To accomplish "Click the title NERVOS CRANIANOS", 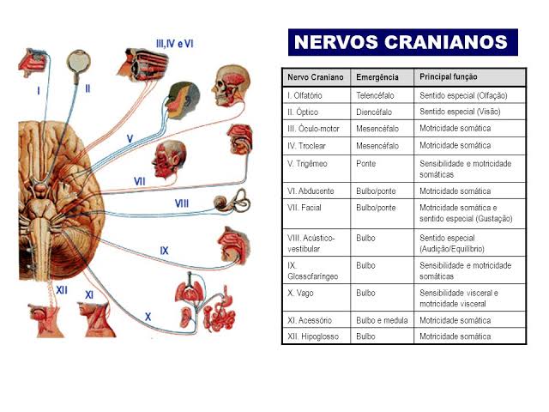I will coord(401,42).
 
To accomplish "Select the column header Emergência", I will coord(377,77).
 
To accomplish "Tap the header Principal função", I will coord(449,77).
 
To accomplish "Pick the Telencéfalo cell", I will coord(377,95).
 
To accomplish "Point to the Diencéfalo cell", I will coord(375,112).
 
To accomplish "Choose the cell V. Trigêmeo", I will coord(310,163).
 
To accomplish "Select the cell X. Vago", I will coord(300,293).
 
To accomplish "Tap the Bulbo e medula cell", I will coord(381,320).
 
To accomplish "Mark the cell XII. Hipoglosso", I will coord(313,336).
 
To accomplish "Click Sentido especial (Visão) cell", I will coord(459,112).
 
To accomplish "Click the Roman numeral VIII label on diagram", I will coord(183,203).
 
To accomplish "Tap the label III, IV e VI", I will coord(174,43).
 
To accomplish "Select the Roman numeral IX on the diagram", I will coord(165,251).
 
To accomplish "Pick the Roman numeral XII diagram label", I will coord(62,290).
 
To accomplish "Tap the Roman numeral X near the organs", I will coord(148,316).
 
